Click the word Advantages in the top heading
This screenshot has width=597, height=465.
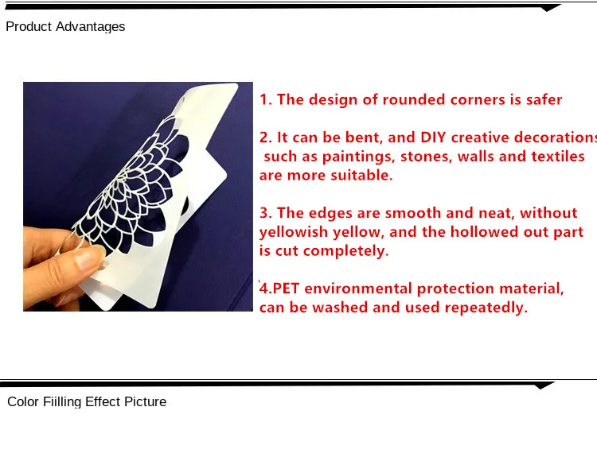[x=90, y=27]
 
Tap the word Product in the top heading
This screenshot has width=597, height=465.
[x=29, y=26]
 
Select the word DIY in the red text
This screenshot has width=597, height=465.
[x=433, y=138]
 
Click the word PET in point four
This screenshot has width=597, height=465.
[x=286, y=289]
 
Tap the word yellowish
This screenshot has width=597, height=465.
[x=294, y=232]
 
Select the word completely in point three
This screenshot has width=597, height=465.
[x=346, y=251]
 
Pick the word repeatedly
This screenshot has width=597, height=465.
[x=486, y=308]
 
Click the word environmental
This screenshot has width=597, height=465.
[x=358, y=289]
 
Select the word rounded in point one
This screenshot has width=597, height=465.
[x=414, y=99]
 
